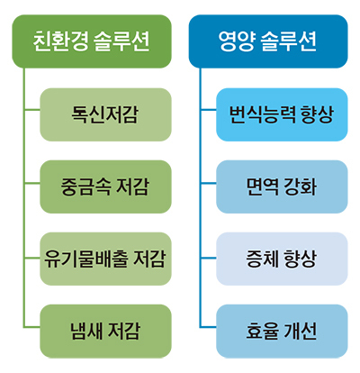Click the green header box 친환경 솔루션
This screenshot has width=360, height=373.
click(92, 41)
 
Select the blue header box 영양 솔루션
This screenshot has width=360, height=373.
click(268, 41)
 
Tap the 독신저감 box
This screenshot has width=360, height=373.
click(105, 114)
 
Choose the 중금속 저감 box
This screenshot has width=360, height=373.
click(105, 186)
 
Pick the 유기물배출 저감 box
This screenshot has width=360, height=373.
click(105, 259)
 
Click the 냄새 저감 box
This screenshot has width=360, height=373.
click(105, 332)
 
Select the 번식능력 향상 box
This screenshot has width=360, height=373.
click(282, 114)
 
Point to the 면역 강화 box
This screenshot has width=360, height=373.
click(282, 186)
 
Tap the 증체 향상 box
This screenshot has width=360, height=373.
click(282, 259)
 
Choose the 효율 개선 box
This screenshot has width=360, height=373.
click(282, 332)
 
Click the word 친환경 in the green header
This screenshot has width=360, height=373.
click(60, 41)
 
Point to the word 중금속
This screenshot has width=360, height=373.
click(85, 186)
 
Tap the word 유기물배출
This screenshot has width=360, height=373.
click(86, 259)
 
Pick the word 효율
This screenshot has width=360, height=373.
click(262, 332)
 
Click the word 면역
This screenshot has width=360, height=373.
click(262, 186)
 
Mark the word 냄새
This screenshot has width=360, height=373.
click(86, 332)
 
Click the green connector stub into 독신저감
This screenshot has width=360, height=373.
click(32, 110)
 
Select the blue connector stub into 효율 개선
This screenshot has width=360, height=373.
click(209, 327)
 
